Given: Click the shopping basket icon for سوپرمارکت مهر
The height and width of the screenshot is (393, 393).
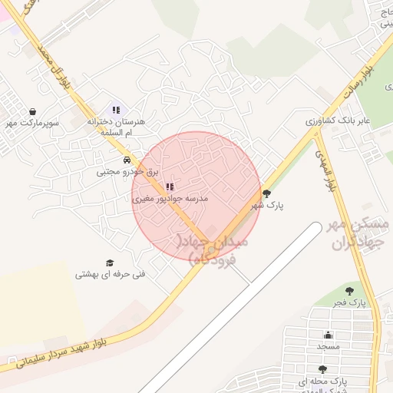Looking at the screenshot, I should pos(32,111).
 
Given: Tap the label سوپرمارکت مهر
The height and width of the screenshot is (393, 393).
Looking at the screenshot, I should pos(33,123).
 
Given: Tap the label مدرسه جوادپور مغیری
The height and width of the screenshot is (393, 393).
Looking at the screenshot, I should pos(170,198).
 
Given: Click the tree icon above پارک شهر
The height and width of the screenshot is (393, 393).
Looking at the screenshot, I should pos(266,193).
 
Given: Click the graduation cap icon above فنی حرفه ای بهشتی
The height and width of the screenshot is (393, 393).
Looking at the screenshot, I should pos(110,263).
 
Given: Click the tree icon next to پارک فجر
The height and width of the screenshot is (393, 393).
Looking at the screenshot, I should pos(350,291).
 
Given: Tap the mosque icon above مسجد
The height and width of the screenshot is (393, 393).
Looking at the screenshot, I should pos(329,335).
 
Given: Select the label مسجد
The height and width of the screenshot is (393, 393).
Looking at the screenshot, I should pos(328,346).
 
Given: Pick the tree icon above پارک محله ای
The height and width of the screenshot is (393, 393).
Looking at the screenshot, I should pos(322,369).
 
